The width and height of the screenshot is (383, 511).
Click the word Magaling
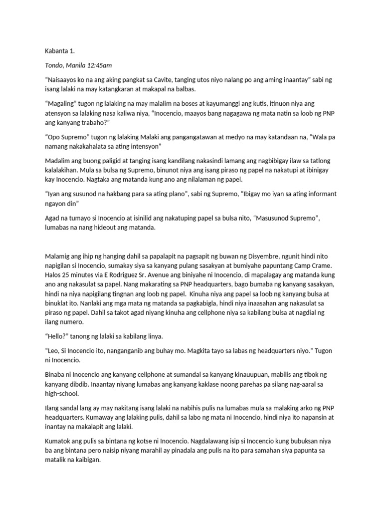60,105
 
